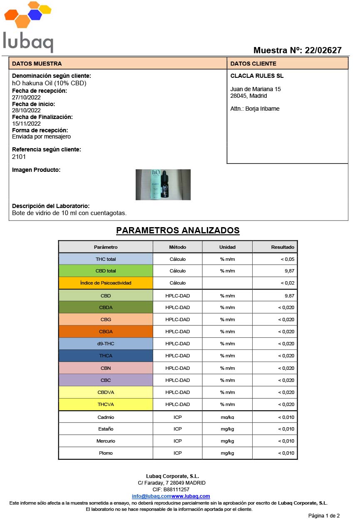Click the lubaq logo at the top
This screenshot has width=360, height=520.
[x=28, y=27]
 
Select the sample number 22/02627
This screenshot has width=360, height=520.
[x=323, y=50]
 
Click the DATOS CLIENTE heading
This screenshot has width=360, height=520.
[x=253, y=64]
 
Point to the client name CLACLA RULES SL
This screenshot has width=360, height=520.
[x=257, y=76]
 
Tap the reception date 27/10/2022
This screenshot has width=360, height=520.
[x=26, y=97]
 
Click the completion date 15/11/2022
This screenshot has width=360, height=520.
[x=26, y=124]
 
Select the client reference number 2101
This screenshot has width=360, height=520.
[x=19, y=157]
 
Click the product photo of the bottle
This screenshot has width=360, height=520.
[x=163, y=184]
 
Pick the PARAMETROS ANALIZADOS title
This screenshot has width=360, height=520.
[x=178, y=230]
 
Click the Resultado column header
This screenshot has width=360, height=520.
[x=283, y=247]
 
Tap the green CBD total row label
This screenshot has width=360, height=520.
[x=106, y=271]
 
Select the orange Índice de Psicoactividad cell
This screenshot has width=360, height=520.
[x=106, y=283]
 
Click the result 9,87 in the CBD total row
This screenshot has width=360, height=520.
[x=289, y=271]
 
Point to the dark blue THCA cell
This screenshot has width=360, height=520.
[x=106, y=356]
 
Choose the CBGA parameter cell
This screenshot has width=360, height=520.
[x=106, y=332]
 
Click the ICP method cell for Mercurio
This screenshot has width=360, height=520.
[x=178, y=441]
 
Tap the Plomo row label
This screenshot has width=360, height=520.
[x=106, y=453]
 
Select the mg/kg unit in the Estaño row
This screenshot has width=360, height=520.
[x=227, y=429]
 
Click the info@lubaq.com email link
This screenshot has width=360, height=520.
[x=151, y=496]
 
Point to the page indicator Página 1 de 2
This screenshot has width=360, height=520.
[x=324, y=516]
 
